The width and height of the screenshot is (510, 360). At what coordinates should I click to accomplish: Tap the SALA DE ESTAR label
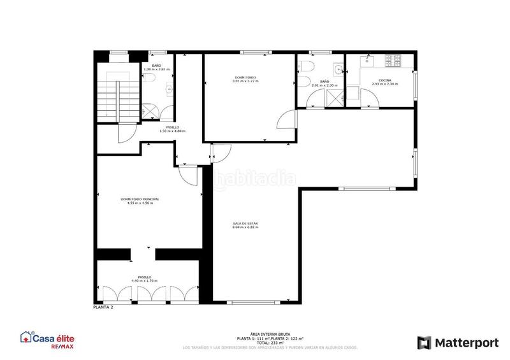pyautogui.click(x=245, y=223)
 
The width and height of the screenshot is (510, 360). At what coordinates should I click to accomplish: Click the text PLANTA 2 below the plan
pyautogui.click(x=103, y=307)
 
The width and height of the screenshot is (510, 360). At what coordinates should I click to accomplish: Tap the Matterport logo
pyautogui.click(x=458, y=343)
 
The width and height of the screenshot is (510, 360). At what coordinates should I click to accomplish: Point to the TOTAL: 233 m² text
pyautogui.click(x=270, y=343)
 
